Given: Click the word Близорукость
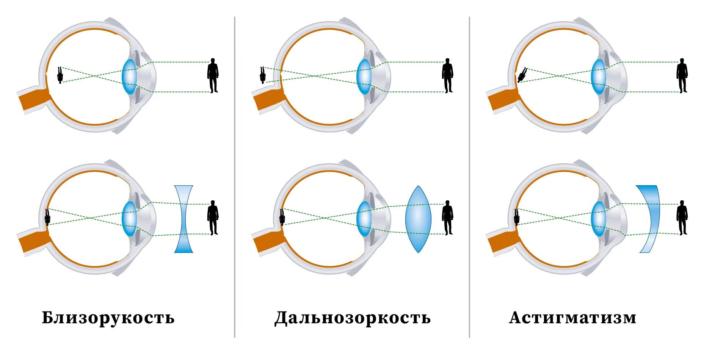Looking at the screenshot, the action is (108, 318).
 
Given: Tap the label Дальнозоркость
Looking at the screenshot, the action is (352, 318).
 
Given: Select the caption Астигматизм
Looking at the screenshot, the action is (572, 318).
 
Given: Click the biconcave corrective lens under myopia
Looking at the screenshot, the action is (183, 219).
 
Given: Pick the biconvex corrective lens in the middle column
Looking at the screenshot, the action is (418, 219).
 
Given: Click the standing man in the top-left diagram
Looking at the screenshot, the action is (213, 75).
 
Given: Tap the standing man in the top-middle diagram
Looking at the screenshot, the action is (447, 75).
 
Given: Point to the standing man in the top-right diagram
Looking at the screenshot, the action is (682, 75).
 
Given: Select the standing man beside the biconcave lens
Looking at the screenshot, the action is (213, 218).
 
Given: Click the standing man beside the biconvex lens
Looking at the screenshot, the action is (447, 218).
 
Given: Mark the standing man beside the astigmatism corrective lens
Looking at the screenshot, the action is (682, 218).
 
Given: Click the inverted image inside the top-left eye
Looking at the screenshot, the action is (60, 75).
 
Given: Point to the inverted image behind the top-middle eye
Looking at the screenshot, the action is (262, 75).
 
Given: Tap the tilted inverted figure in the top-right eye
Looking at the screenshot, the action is (522, 75).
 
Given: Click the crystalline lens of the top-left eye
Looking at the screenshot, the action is (129, 77).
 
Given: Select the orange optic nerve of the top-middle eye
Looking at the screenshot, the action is (266, 99).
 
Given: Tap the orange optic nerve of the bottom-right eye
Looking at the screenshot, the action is (500, 241).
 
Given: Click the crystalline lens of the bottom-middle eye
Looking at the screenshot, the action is (364, 219).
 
